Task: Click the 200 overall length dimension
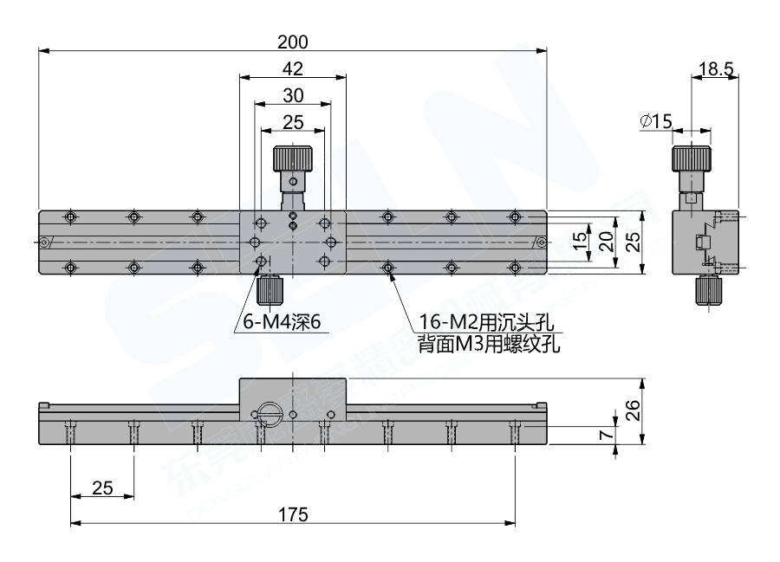tap(293, 41)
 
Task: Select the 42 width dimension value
tap(293, 68)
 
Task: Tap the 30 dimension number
tap(293, 95)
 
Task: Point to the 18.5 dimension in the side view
tap(716, 68)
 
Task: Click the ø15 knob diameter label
tap(656, 122)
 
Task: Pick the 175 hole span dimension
tap(293, 514)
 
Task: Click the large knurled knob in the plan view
tap(293, 159)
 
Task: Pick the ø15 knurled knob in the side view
tap(691, 159)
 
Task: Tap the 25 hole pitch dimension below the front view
tap(102, 488)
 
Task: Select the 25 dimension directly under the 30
tap(293, 122)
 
